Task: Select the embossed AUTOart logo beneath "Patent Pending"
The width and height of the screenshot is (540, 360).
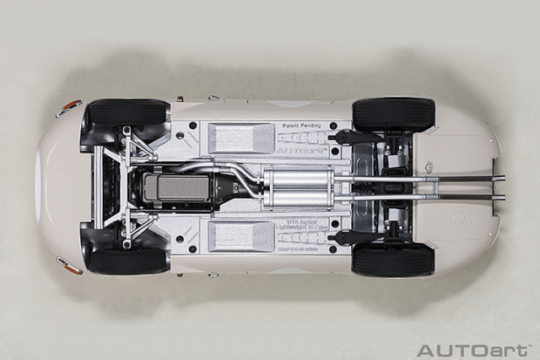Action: coord(300,137)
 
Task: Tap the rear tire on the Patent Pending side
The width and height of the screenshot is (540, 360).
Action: coord(393,113)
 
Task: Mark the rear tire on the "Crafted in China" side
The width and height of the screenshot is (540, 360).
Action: coord(393,260)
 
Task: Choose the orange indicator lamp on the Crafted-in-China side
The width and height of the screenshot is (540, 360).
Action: coord(69,267)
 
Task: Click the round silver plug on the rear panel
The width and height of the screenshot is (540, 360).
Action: coord(429,167)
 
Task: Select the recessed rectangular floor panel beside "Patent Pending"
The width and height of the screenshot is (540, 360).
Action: coord(240,137)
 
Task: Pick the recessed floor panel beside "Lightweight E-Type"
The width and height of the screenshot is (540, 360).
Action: coord(240,236)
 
